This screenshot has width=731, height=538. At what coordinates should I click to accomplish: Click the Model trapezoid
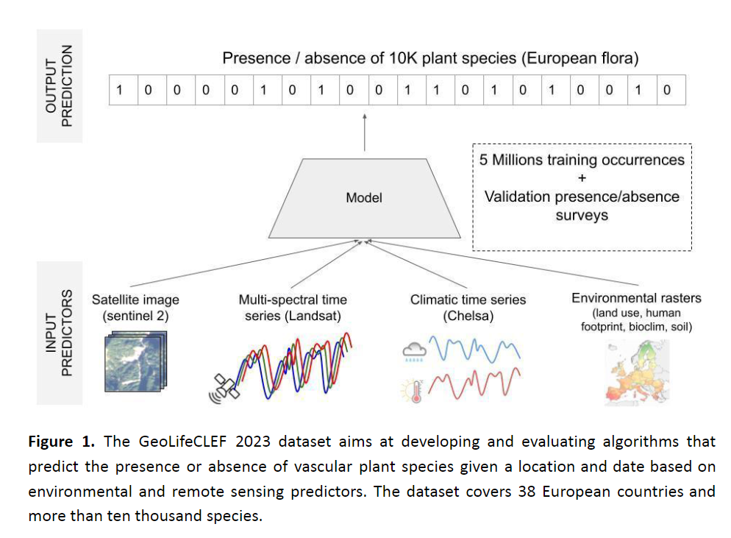[365, 198]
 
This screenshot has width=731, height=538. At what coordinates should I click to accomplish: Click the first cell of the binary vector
[124, 90]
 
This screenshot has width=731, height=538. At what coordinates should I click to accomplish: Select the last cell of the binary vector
[671, 90]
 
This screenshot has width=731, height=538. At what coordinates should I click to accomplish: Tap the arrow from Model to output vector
[365, 132]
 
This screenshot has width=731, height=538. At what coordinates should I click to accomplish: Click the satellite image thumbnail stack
[135, 361]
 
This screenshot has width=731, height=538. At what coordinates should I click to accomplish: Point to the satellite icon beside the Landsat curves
[224, 388]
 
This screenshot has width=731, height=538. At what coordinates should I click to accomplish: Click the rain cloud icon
[414, 352]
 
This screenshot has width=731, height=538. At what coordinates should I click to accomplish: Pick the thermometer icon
[413, 391]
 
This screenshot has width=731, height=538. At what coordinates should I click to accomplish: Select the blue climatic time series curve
[474, 349]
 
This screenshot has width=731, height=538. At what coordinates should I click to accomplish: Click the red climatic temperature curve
[474, 384]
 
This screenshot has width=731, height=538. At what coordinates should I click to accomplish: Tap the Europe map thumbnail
[638, 372]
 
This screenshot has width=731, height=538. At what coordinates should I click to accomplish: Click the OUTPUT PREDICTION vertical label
[60, 86]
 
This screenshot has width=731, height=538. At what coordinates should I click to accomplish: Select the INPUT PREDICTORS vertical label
[60, 333]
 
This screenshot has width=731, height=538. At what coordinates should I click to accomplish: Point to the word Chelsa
[468, 316]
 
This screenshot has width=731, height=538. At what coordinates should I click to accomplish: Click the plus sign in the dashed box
[582, 178]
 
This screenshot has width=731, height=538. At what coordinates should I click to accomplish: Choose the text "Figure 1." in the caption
[62, 442]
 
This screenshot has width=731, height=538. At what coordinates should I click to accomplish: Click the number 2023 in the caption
[253, 442]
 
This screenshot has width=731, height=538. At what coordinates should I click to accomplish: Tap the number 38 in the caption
[527, 492]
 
